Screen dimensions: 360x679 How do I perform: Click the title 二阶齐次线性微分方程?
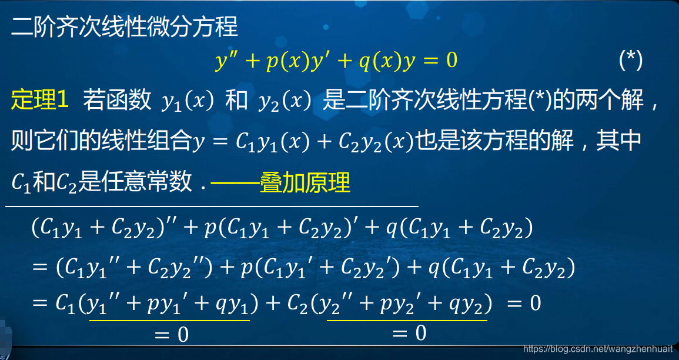[x=124, y=27]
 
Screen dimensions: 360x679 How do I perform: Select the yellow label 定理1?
[x=40, y=101]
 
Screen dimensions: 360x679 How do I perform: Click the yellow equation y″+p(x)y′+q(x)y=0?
[x=336, y=61]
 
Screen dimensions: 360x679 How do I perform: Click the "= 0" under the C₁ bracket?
[x=171, y=335]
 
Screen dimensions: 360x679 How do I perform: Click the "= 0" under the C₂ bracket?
[x=409, y=334]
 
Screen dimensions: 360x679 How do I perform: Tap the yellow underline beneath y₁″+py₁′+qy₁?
[x=169, y=320]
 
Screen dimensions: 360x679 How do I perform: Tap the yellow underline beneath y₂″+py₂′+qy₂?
[x=407, y=320]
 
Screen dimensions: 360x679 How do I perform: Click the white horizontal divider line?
[x=212, y=206]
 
